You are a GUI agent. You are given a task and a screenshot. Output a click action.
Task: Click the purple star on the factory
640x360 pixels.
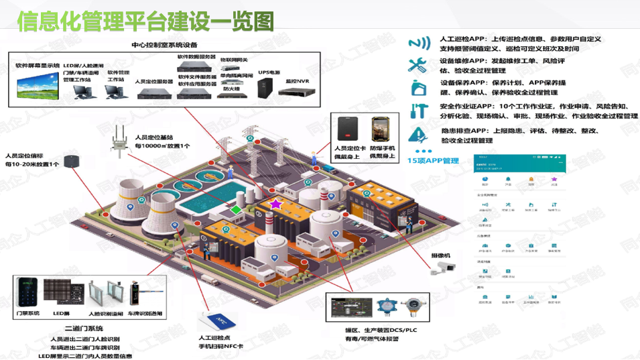point(275,203)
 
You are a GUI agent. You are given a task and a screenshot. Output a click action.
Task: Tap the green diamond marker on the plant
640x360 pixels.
point(236,210)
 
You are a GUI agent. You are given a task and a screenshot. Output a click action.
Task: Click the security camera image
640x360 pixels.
point(444,267)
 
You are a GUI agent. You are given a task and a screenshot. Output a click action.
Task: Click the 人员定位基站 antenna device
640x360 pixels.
point(120,140)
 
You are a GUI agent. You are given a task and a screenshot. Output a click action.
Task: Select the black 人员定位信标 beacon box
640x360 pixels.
point(74,160)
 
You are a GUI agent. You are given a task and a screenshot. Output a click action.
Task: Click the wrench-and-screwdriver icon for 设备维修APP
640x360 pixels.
point(419,66)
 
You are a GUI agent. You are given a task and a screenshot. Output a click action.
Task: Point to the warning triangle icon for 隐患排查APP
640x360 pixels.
point(419,133)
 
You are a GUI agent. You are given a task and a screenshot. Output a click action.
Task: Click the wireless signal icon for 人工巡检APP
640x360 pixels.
point(419,44)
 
